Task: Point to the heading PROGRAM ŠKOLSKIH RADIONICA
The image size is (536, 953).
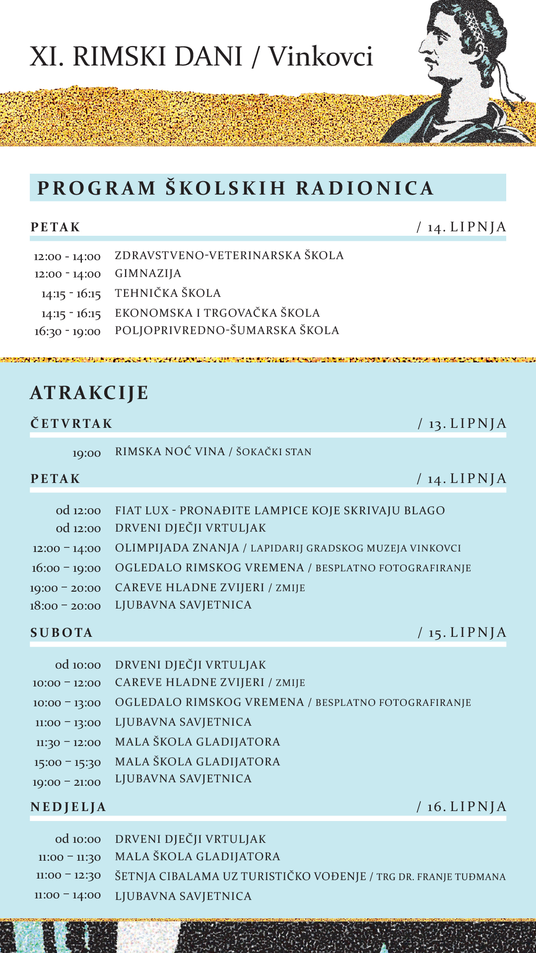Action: pos(236,188)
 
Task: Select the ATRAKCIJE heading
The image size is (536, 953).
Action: pos(89,393)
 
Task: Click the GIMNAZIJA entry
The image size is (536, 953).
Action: pos(148,273)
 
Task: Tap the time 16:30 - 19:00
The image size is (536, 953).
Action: pos(67,331)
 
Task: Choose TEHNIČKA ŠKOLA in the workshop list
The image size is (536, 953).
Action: pos(168,293)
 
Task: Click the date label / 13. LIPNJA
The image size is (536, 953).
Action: pos(462,423)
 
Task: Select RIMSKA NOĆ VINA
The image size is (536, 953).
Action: pos(170,452)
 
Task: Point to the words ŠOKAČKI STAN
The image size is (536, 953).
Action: pos(273,452)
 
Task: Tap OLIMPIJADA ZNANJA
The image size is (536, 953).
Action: pos(177,548)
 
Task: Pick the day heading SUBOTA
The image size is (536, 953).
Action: pos(62,633)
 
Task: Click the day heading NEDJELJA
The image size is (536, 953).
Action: pos(68,807)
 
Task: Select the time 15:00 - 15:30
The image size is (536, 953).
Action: pos(67,762)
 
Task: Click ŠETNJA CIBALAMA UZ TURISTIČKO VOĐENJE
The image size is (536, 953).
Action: pos(241,877)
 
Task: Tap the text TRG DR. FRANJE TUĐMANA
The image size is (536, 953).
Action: pos(441,877)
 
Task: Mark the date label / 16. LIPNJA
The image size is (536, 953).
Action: pos(462,807)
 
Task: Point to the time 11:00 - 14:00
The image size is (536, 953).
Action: pos(67,895)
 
